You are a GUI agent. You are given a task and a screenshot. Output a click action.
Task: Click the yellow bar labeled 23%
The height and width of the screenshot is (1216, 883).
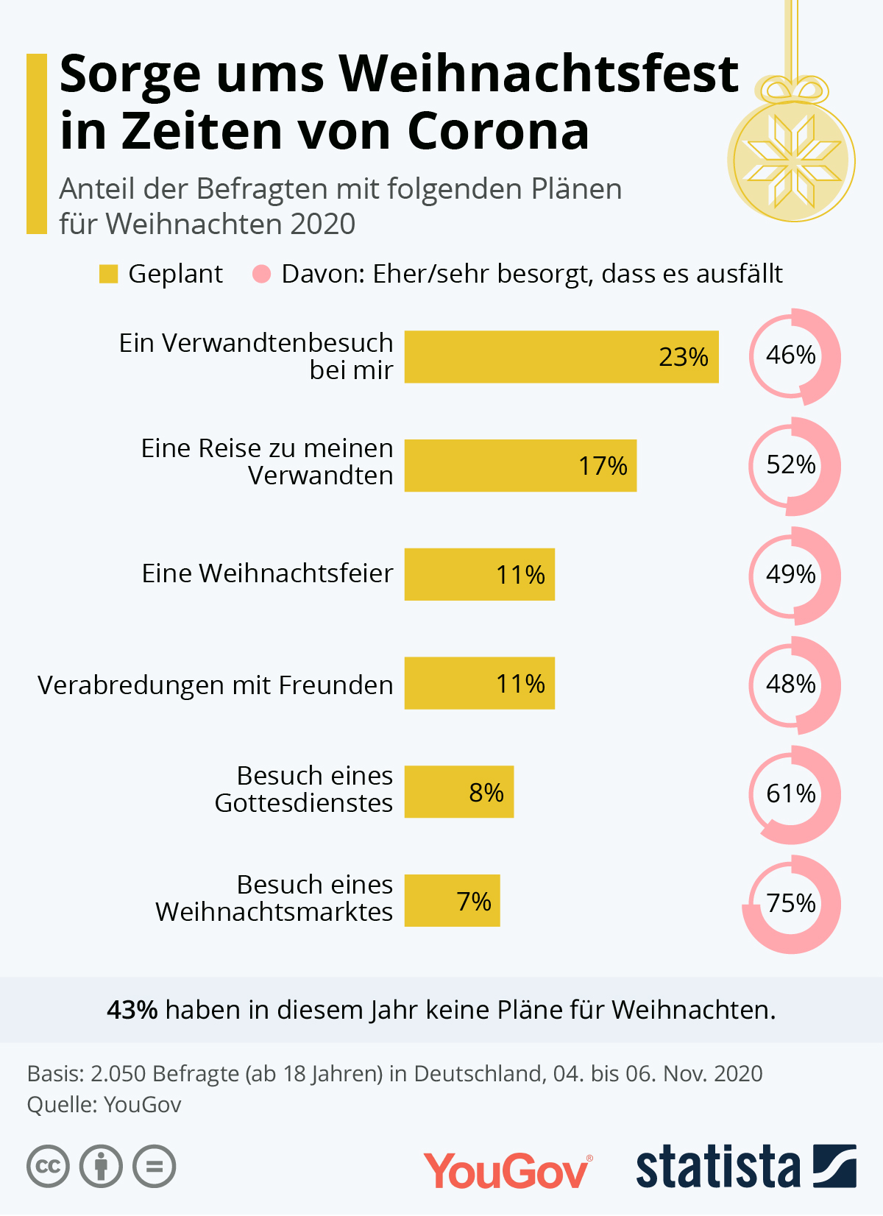[x=561, y=357]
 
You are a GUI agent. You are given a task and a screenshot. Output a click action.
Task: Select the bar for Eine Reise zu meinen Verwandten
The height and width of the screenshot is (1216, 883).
[x=520, y=466]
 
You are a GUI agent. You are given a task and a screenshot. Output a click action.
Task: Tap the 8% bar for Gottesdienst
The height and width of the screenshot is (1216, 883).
[x=458, y=792]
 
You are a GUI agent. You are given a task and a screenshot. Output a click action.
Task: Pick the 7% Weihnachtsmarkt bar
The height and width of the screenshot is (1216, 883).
[x=452, y=901]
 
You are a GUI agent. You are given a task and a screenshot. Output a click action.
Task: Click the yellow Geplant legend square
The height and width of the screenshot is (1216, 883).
[x=108, y=275]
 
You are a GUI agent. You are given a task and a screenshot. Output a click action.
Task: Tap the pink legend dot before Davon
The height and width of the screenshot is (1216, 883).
[x=261, y=275]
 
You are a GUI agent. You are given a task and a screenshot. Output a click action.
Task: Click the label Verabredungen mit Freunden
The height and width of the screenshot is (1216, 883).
[x=215, y=685]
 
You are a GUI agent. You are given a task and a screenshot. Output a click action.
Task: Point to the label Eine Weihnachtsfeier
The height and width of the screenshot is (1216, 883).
[x=267, y=573]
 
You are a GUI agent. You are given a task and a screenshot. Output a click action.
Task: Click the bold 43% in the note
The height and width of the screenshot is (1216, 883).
[x=132, y=1010]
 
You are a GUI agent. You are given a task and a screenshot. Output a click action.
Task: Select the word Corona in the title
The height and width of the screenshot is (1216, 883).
[x=498, y=132]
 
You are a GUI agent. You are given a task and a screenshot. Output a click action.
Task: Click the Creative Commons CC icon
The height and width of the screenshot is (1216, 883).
[x=48, y=1167]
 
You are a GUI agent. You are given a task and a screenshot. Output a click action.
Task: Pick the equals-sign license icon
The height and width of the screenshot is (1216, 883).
[x=155, y=1167]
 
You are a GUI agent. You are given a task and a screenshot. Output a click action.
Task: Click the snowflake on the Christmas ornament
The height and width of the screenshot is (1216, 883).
[x=791, y=161]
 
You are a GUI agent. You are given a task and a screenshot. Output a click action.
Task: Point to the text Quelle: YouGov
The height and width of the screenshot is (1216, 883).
[x=104, y=1105]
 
